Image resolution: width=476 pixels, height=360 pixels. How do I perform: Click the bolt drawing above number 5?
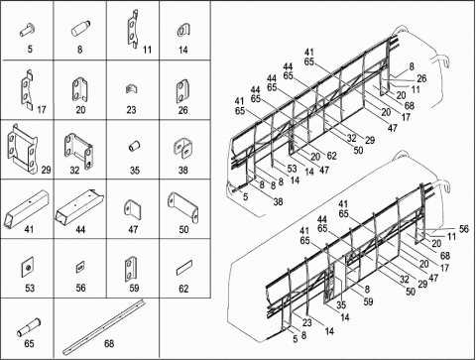[27, 30]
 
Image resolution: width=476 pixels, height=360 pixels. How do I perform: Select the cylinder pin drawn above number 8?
[80, 29]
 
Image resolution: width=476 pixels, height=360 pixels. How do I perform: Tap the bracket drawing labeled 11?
[133, 29]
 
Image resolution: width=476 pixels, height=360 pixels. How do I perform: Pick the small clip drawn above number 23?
[131, 88]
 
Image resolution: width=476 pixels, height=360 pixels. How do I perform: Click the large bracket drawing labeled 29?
[22, 149]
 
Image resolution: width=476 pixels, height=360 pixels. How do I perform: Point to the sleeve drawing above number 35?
[134, 146]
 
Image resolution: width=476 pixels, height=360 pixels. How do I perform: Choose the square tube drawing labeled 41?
[27, 209]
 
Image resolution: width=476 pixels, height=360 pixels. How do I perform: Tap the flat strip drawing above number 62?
[184, 268]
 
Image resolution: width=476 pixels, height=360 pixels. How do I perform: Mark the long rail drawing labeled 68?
[103, 326]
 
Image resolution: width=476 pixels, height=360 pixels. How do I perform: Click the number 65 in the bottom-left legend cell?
[29, 344]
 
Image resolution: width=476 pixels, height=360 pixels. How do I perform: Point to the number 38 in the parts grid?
[183, 171]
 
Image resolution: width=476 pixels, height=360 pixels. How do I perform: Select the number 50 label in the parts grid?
[183, 229]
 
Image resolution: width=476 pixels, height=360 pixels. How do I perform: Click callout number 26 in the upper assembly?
[421, 78]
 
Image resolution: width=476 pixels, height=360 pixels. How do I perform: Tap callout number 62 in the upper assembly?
[331, 156]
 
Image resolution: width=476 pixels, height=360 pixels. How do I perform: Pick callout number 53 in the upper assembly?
[292, 169]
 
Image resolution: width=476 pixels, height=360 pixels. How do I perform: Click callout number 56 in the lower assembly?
[464, 229]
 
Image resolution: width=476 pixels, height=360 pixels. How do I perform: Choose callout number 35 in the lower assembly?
[341, 304]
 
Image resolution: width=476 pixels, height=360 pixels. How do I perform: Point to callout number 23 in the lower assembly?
[307, 322]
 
